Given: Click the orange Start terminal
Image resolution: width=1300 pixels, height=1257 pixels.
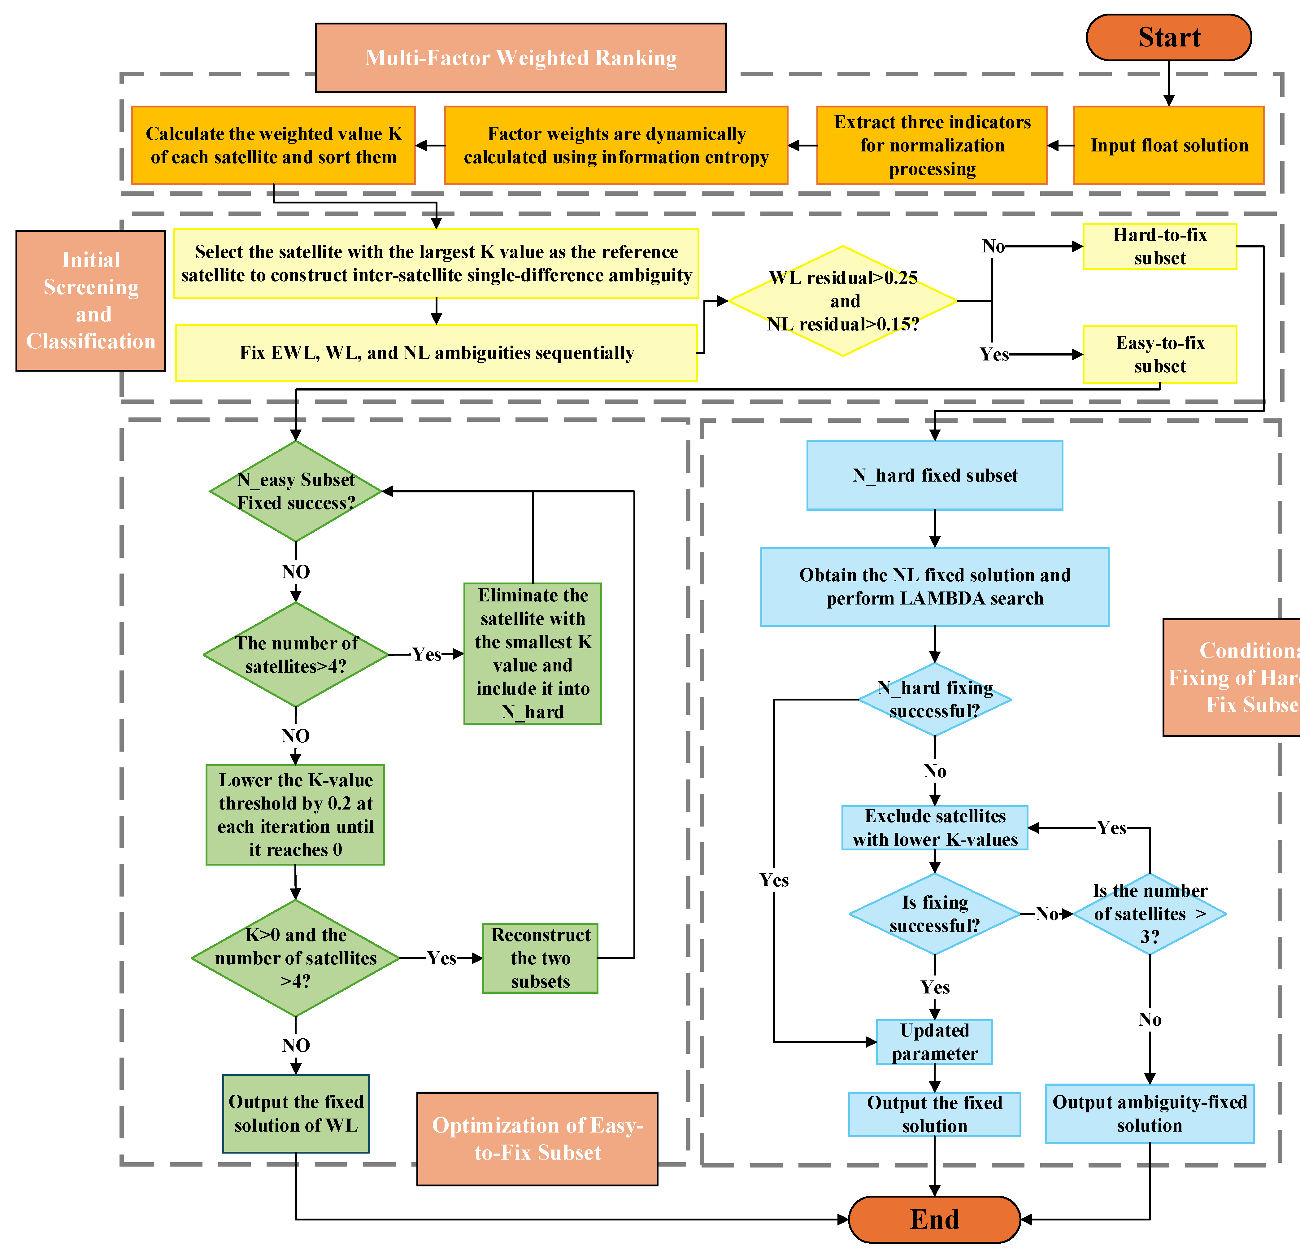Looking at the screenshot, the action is [x=1169, y=37].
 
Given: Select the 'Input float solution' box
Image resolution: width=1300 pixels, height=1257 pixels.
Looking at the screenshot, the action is [x=1169, y=145].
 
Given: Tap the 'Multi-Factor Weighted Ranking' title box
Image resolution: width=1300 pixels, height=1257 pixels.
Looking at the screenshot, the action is [x=521, y=58].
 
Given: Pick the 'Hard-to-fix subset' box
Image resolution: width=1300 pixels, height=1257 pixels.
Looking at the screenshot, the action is [x=1159, y=246].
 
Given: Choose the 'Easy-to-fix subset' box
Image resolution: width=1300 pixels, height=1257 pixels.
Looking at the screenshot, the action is [x=1159, y=354].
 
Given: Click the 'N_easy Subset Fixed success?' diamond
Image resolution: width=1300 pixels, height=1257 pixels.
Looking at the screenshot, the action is [x=296, y=491].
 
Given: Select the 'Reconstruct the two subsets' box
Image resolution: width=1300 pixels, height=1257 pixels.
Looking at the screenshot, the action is [x=540, y=958].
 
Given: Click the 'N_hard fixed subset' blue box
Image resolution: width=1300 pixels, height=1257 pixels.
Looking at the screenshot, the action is [x=935, y=475].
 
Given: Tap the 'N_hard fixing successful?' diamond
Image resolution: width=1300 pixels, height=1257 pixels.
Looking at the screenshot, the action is [x=935, y=699].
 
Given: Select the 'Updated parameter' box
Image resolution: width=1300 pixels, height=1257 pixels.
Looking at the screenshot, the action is [x=935, y=1041].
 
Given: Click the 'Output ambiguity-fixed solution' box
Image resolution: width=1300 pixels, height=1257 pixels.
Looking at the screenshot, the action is [x=1150, y=1114].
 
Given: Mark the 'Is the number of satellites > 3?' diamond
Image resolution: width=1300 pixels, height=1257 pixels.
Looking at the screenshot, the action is [x=1150, y=913].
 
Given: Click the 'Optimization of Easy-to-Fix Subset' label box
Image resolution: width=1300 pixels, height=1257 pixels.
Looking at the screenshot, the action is [x=537, y=1138].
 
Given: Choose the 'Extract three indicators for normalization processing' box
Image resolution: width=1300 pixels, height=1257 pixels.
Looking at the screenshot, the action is [x=932, y=145].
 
